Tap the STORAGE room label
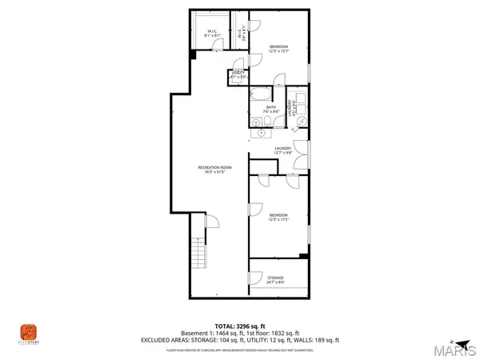pos(275,278)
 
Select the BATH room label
pos(271,106)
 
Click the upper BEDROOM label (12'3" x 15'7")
pos(278,46)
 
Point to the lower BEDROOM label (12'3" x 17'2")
pos(278,214)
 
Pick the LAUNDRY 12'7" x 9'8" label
pos(283,148)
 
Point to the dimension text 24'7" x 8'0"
pos(275,282)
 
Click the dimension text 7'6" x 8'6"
pos(271,111)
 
